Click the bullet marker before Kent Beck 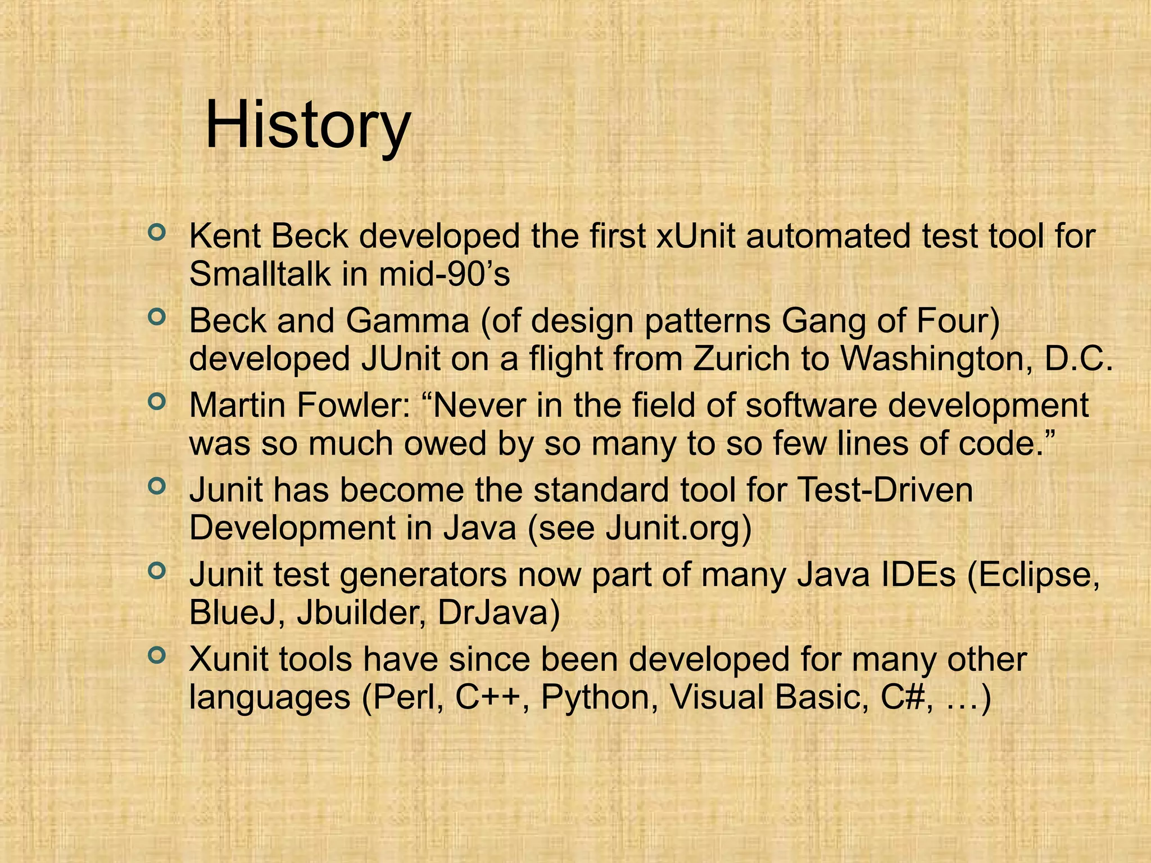coord(157,231)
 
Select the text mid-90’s coord(444,275)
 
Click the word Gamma coord(407,321)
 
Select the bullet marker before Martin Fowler coord(157,401)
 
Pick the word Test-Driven coord(885,490)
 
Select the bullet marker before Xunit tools coord(157,655)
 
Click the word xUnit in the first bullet coord(696,237)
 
